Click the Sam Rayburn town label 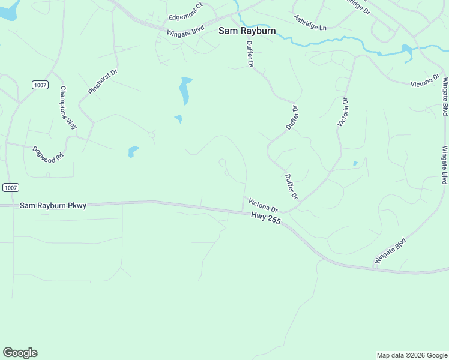[x=247, y=31]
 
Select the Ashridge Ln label [x=310, y=23]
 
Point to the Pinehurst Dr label [x=103, y=81]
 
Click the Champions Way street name [x=68, y=107]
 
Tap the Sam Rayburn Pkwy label [x=53, y=205]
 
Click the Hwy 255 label [x=266, y=220]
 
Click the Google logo [x=20, y=353]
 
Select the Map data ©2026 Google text [x=412, y=355]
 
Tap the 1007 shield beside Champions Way [x=40, y=85]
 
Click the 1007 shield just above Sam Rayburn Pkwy [x=10, y=187]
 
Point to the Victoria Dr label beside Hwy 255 [x=263, y=205]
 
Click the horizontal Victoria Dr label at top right [x=426, y=83]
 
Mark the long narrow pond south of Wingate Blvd [x=185, y=90]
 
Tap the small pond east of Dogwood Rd [x=133, y=151]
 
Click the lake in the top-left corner [x=7, y=10]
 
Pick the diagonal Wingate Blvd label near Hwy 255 [x=391, y=251]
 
